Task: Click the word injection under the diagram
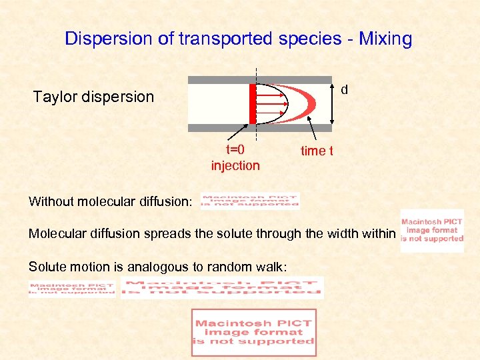235,165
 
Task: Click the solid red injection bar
253,104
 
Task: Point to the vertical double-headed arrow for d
333,104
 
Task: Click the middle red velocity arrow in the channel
271,104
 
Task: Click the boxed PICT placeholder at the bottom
253,332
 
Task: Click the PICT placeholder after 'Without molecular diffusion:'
250,201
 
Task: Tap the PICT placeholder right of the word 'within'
432,231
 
